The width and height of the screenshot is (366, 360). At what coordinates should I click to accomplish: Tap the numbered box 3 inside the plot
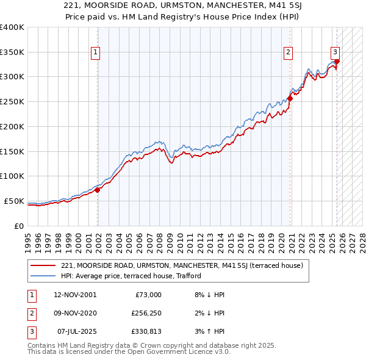[x=335, y=52]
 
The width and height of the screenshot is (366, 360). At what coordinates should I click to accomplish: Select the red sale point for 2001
[x=98, y=190]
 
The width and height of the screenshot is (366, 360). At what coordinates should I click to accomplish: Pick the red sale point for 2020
[x=290, y=99]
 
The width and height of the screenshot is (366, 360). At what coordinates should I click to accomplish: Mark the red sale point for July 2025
[x=337, y=61]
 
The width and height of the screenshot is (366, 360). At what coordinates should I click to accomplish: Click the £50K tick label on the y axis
[x=14, y=201]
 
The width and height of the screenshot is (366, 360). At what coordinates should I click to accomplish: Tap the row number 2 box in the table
[x=30, y=314]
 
